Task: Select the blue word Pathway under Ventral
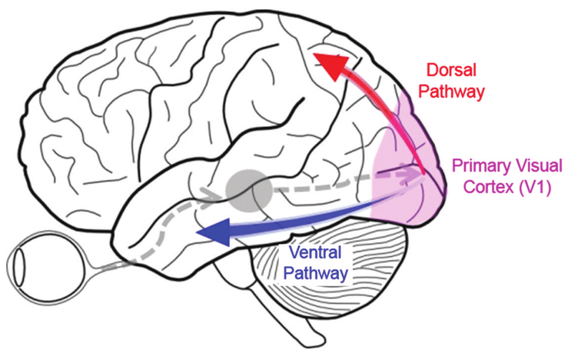[318, 272]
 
